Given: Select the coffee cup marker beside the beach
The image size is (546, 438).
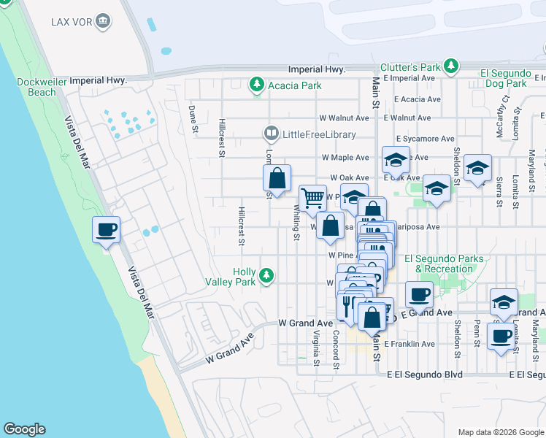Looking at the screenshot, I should coord(106,230).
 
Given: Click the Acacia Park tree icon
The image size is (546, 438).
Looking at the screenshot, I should coord(256,85).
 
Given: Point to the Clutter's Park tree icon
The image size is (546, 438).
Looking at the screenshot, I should coord(452,66).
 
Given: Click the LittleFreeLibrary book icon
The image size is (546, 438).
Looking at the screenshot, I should coord(271,134).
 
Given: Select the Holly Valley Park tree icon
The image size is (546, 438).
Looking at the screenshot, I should coord(267,276).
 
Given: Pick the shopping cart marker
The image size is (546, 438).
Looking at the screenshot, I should coord(312,198).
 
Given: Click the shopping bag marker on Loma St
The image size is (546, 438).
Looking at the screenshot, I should coord(277,178).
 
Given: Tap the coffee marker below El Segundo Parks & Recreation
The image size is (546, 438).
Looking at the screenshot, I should coord(419,294).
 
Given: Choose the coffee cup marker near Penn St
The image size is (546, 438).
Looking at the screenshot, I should coord(501,336).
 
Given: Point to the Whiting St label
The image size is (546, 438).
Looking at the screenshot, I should coord(297,222).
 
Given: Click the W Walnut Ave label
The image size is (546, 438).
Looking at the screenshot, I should coord(344,118).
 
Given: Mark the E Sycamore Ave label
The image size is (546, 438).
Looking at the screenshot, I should coord(426,138).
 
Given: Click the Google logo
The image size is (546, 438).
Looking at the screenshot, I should coord(24,429).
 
